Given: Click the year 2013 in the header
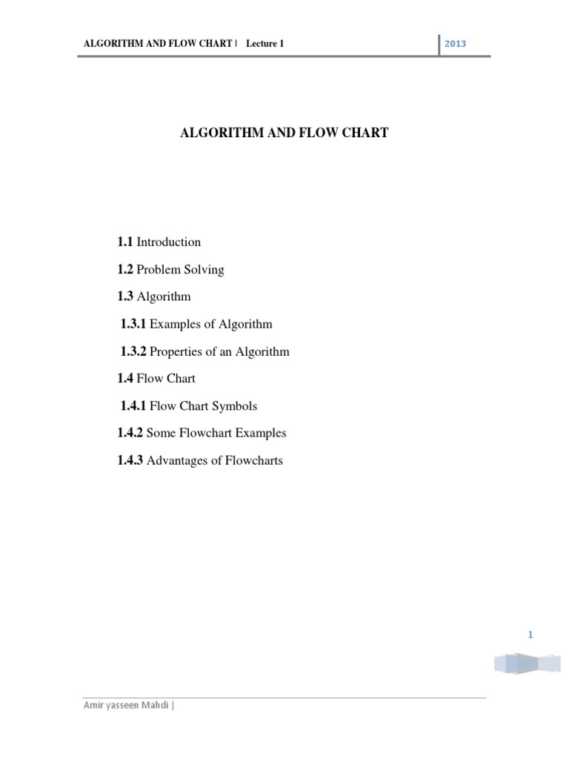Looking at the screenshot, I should (455, 44).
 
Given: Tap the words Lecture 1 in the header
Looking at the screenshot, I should (265, 44).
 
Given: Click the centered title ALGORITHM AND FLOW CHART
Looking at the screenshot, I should (284, 134).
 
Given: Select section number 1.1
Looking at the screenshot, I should (125, 242).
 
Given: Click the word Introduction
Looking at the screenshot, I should (169, 242).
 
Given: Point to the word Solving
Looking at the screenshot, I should (203, 269).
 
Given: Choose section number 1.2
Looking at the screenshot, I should (125, 269).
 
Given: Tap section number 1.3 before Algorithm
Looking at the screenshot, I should (125, 296).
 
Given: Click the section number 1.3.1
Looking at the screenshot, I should (133, 324).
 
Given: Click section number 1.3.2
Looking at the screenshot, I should (133, 351).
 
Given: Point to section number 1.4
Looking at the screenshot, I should (125, 379).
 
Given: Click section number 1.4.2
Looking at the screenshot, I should (130, 434).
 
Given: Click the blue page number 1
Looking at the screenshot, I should (530, 634).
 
